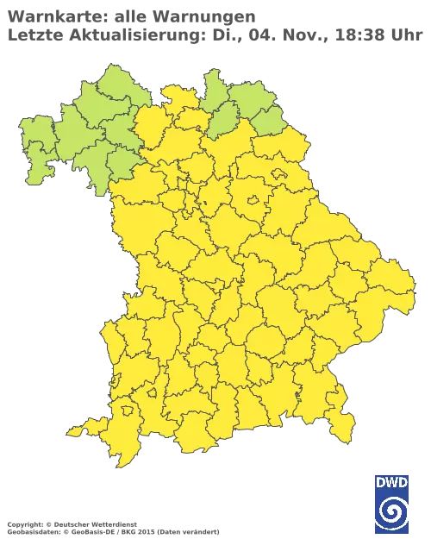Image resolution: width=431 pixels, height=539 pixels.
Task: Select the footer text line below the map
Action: coord(112,525)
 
